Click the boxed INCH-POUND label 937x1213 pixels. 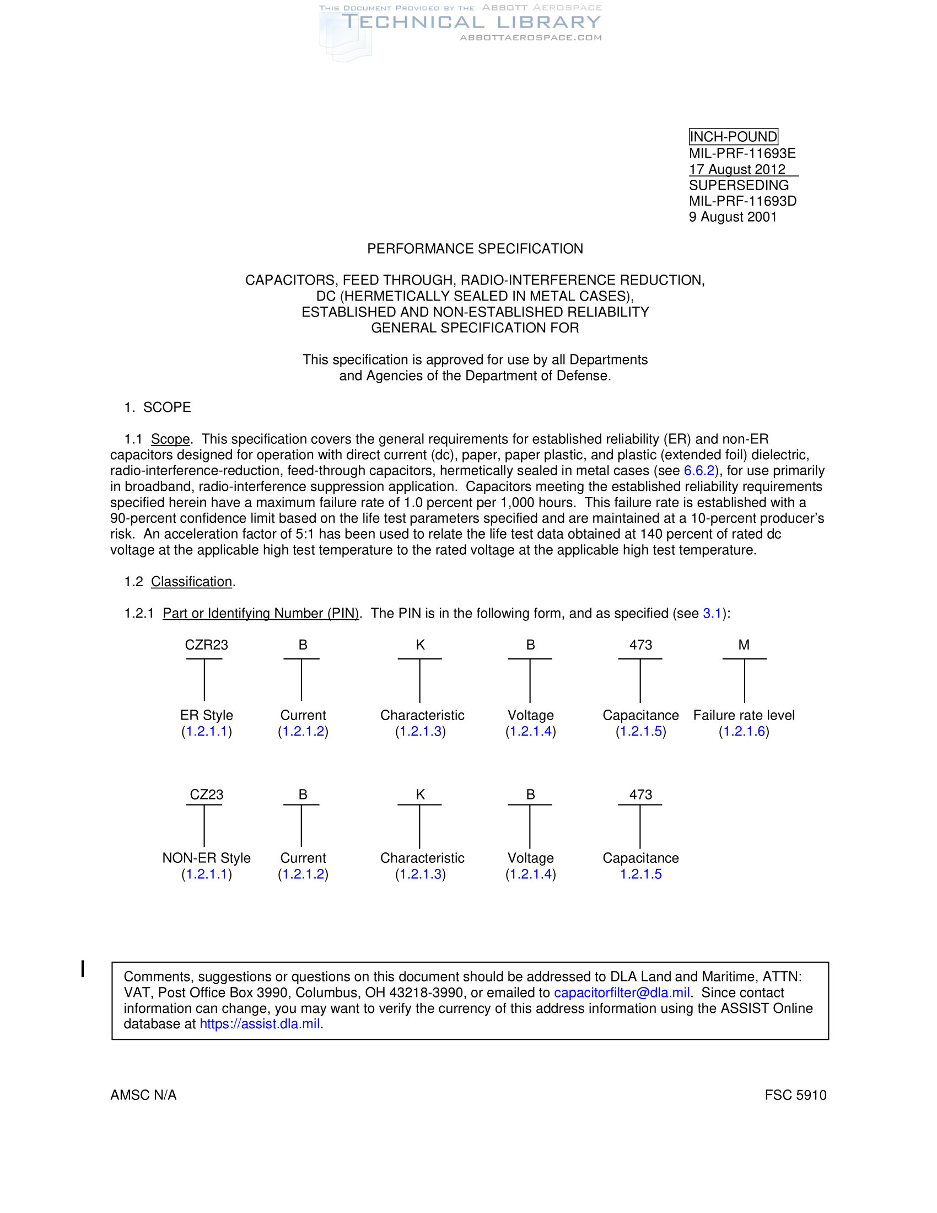click(733, 137)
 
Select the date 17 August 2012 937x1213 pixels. click(736, 169)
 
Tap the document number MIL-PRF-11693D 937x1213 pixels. click(742, 201)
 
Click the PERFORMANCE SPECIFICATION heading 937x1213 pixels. click(475, 249)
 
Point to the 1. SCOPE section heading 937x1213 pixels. click(158, 407)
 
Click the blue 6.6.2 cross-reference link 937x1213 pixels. click(698, 471)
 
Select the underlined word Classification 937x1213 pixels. click(191, 582)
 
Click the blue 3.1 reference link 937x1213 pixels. click(712, 613)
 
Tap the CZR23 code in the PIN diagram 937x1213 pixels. click(207, 645)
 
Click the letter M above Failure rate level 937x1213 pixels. click(744, 645)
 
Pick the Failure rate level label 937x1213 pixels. click(744, 715)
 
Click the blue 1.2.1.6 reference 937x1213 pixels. click(744, 732)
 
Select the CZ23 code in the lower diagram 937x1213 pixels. click(207, 795)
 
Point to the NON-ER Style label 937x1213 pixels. click(207, 858)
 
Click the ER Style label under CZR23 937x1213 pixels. click(207, 715)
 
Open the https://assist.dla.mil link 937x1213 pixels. click(260, 1024)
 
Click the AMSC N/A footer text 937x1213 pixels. click(143, 1095)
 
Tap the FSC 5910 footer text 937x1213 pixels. click(795, 1095)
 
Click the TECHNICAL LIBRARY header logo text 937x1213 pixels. click(471, 22)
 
